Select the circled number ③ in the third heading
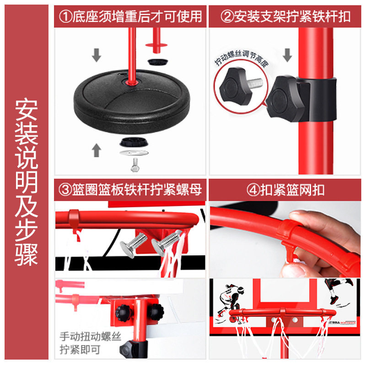coord(65,189)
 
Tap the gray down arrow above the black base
coord(97,55)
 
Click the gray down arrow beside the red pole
coord(287,55)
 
